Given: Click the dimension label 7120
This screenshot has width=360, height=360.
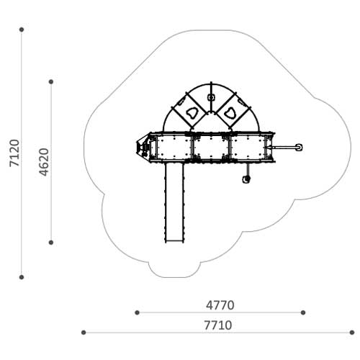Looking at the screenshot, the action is [14, 153].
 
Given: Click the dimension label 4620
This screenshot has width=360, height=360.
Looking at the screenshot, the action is [44, 162].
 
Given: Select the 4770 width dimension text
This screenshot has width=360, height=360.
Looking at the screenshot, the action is [220, 305].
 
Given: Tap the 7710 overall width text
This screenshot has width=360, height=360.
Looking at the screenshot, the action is [218, 325].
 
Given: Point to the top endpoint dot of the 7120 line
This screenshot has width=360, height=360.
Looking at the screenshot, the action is [22, 30].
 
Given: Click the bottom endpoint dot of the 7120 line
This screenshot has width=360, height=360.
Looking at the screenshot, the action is [22, 277].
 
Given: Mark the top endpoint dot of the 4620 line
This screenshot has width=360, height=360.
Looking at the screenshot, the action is [51, 82].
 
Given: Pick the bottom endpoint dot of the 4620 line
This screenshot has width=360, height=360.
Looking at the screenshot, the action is [51, 243].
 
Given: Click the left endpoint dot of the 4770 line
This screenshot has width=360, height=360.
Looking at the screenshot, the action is [137, 312].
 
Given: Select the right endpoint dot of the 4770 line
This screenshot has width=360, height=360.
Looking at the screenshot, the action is [303, 312].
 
